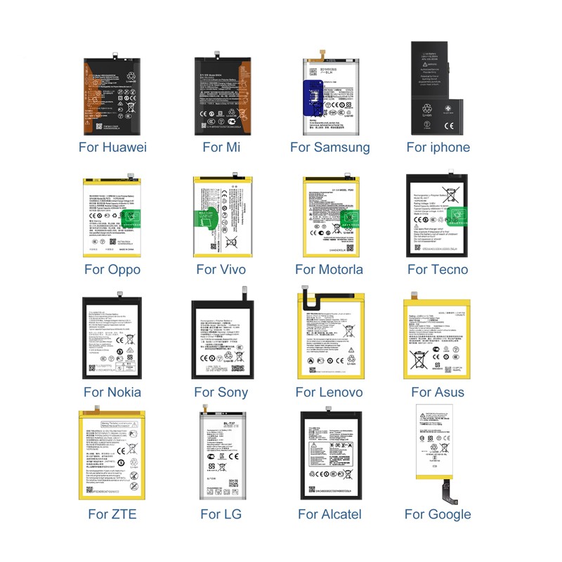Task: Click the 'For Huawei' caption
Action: [112, 147]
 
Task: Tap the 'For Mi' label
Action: [221, 147]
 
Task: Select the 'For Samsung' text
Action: [329, 147]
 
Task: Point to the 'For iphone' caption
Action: [438, 147]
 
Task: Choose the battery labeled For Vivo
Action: [221, 217]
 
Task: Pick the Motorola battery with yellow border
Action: [329, 217]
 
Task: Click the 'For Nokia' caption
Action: [112, 392]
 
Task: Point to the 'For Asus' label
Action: [438, 392]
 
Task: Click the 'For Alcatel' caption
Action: [329, 514]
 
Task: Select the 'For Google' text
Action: [438, 514]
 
